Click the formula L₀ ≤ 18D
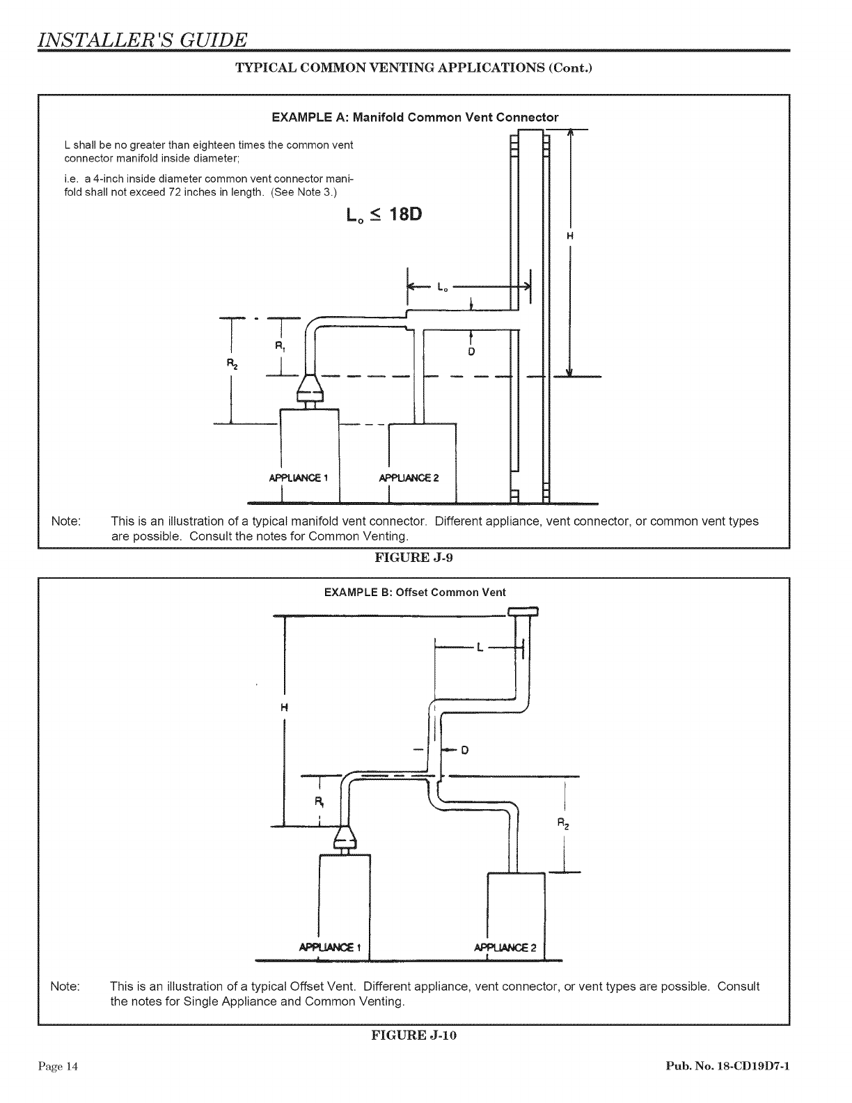(384, 214)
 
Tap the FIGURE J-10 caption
(414, 1035)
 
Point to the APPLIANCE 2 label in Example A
(409, 478)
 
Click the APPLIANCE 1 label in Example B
(329, 947)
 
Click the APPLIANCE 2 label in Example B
(505, 947)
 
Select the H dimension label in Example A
(570, 236)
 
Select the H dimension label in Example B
(283, 708)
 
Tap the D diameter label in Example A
(471, 352)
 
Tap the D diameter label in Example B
(464, 750)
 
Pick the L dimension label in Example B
(480, 648)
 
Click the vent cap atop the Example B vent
(523, 612)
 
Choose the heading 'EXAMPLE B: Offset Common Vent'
(415, 593)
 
